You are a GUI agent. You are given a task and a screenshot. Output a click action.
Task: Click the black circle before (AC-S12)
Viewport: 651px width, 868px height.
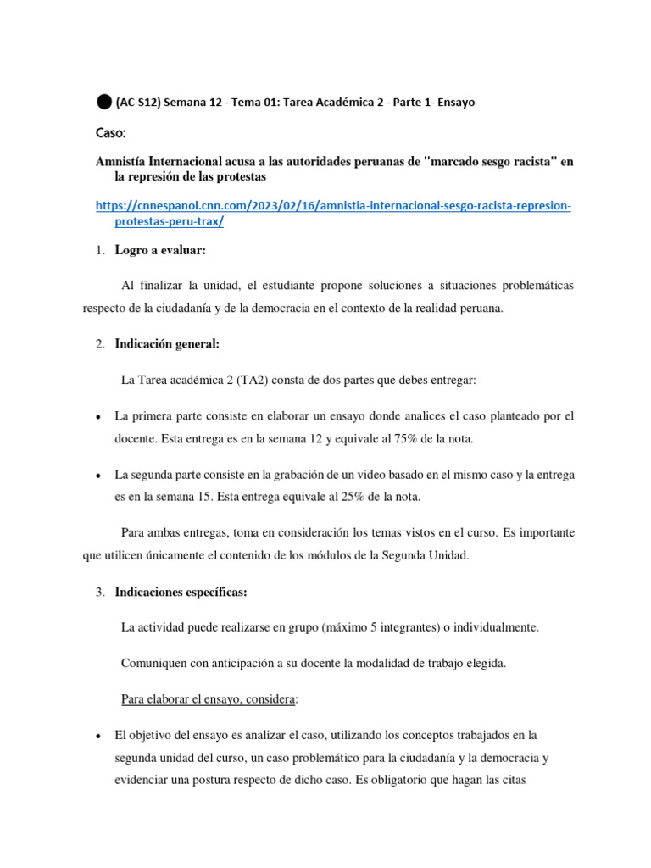point(103,102)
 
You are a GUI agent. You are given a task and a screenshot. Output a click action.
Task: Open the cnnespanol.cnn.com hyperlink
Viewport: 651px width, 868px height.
point(334,207)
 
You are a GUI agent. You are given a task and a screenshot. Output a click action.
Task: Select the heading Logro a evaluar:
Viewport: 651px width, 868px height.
point(160,249)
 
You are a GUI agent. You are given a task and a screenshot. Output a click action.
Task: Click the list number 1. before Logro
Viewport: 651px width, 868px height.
point(99,249)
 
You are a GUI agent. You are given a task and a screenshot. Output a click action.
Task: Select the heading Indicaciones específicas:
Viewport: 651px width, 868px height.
point(181,591)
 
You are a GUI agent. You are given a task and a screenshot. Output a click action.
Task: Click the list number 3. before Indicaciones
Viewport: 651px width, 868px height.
point(99,591)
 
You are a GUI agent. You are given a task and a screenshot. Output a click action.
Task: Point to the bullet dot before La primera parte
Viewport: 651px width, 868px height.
point(99,417)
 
